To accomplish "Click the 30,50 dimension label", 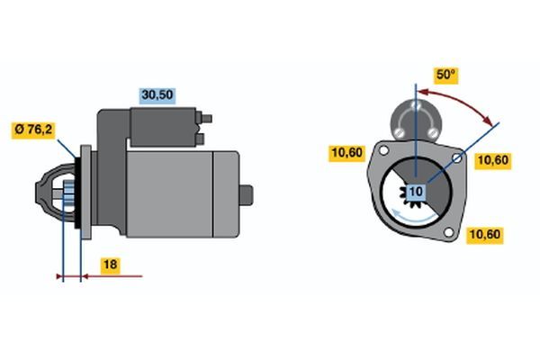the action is click(157, 95).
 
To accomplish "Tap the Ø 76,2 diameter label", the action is click(33, 130).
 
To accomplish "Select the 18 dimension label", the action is click(110, 265).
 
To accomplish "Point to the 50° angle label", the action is click(445, 75).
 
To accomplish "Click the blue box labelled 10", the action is click(416, 192).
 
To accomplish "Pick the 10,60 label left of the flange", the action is click(346, 153).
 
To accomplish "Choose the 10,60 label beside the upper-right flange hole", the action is click(493, 160).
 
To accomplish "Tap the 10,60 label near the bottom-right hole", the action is click(485, 235).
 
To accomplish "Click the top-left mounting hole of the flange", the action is click(383, 150).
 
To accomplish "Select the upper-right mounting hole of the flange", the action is click(456, 158).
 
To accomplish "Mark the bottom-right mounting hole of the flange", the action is click(448, 232).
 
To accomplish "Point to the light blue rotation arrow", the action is click(413, 217).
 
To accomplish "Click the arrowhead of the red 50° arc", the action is click(488, 121).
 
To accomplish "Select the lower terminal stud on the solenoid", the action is click(200, 139).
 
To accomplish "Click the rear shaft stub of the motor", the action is click(247, 195).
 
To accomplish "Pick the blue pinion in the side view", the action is click(69, 195).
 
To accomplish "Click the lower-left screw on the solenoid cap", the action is click(399, 132).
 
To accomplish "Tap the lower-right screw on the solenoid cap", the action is click(432, 132).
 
